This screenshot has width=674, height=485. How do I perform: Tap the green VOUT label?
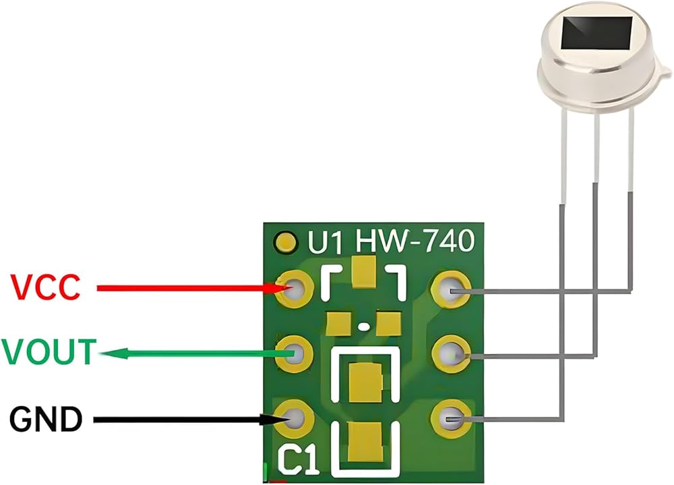(48, 353)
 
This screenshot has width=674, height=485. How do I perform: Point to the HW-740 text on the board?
(415, 241)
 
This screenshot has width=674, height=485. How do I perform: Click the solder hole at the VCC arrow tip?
(295, 289)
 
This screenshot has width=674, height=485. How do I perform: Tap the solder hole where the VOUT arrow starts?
(295, 353)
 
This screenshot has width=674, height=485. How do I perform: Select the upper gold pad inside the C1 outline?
(364, 382)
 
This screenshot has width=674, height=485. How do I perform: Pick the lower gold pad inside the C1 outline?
(364, 441)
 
